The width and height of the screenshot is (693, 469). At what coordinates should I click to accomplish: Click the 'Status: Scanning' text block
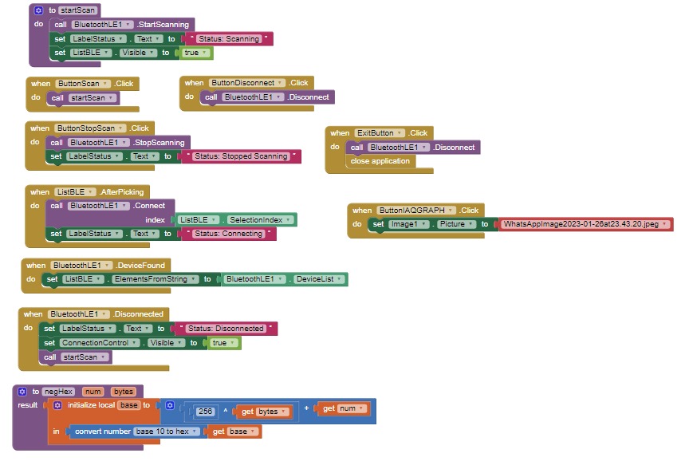tap(227, 38)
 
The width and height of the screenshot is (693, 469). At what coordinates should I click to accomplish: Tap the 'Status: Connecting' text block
tap(228, 234)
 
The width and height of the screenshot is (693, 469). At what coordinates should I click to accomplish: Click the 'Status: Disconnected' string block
tap(226, 329)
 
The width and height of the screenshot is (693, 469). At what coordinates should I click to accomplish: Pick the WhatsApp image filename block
tap(585, 224)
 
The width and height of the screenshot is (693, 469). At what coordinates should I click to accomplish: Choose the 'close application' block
tap(380, 161)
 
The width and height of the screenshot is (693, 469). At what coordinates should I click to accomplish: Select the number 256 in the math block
tap(205, 412)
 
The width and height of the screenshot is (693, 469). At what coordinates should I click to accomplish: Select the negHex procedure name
tap(58, 392)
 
